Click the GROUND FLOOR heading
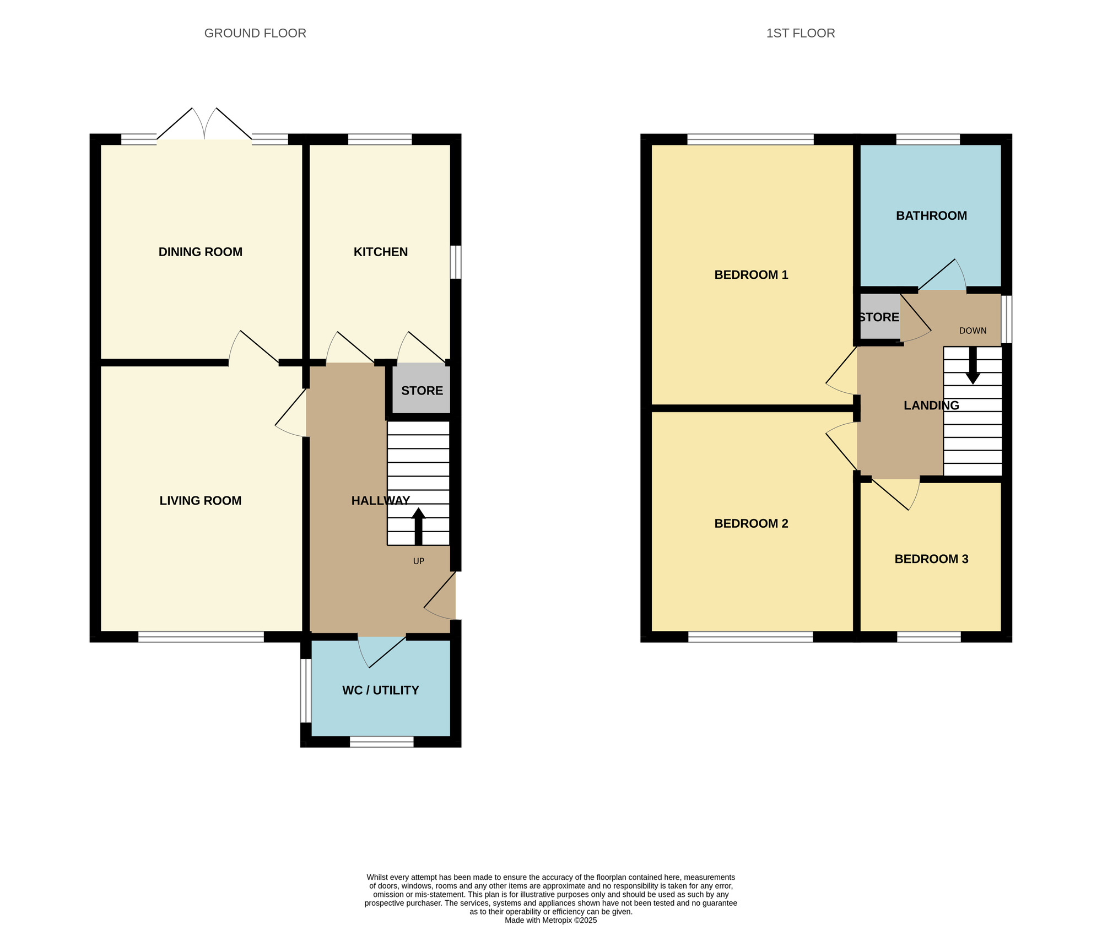coord(255,33)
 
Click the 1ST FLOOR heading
coord(800,33)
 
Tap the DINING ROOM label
coord(201,252)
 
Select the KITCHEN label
coord(381,252)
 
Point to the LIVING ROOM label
coord(201,500)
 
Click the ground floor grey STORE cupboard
coord(422,391)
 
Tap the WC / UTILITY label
coord(381,690)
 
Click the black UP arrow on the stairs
coord(419,526)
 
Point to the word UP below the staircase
coord(419,561)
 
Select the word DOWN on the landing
coord(973,331)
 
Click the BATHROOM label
coord(931,215)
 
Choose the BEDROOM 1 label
coord(751,274)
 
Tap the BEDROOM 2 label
coord(751,523)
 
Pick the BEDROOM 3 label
coord(931,559)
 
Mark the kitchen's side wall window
coord(456,262)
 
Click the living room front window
coord(201,637)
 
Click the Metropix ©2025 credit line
coord(551,920)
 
